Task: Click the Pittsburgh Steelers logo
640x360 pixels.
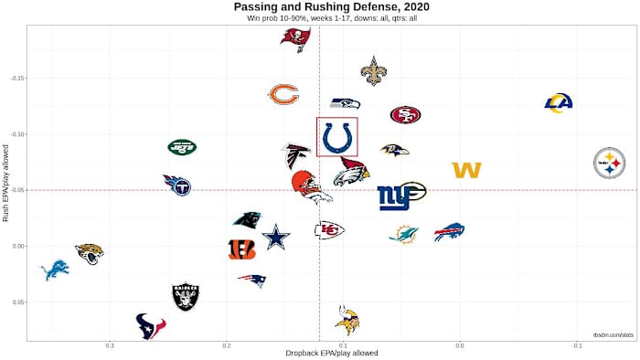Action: [610, 163]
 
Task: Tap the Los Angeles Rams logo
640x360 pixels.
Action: [558, 103]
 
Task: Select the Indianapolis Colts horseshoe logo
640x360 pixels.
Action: [337, 137]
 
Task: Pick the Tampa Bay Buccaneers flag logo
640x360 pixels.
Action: [295, 39]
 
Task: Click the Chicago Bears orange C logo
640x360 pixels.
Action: [283, 94]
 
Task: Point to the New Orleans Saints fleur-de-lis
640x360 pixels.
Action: [373, 70]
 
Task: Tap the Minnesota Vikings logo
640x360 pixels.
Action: [347, 320]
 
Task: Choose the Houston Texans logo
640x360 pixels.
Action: [151, 325]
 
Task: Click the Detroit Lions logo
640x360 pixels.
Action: [55, 270]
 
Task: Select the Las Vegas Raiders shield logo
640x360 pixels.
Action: [186, 296]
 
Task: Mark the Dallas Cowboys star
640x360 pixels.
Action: [275, 238]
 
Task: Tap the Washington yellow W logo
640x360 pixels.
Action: [466, 170]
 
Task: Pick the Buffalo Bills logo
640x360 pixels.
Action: [449, 232]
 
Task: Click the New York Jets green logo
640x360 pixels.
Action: [182, 146]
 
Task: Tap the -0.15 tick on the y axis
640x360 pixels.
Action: [16, 79]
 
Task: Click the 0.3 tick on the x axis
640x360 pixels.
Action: [110, 345]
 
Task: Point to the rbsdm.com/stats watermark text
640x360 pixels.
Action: [613, 336]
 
